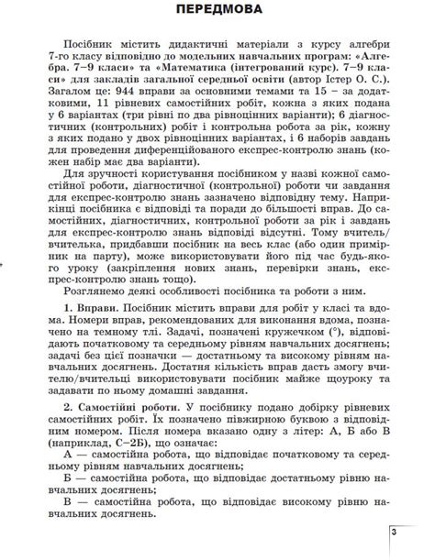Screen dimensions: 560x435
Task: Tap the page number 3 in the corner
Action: point(394,531)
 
